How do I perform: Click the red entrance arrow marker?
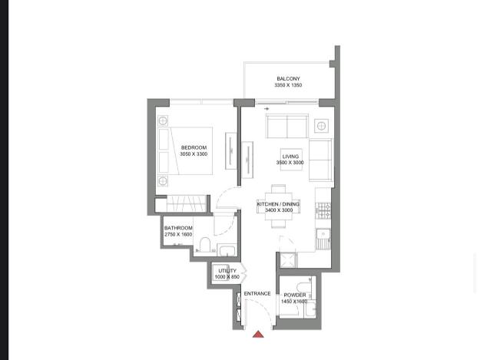coord(258,334)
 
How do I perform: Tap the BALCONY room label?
coord(288,78)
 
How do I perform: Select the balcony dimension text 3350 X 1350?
coord(288,85)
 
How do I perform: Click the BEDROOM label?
coord(194,147)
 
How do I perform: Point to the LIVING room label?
coord(290,157)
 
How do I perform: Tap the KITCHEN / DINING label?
coord(278,204)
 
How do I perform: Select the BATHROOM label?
coord(178,228)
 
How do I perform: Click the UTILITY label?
coord(227,271)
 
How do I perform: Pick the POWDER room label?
coord(295,295)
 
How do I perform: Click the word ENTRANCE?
coord(257,294)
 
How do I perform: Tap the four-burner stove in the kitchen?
coord(323,211)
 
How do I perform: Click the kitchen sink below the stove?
coord(323,239)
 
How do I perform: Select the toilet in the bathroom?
coord(205,245)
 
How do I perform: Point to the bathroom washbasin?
coord(227,250)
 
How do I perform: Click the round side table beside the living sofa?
coord(321,126)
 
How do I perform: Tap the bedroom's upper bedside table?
coord(163,121)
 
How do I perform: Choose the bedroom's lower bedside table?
coord(163,181)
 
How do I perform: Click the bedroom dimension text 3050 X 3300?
coord(194,154)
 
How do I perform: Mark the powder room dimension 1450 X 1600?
coord(294,302)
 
